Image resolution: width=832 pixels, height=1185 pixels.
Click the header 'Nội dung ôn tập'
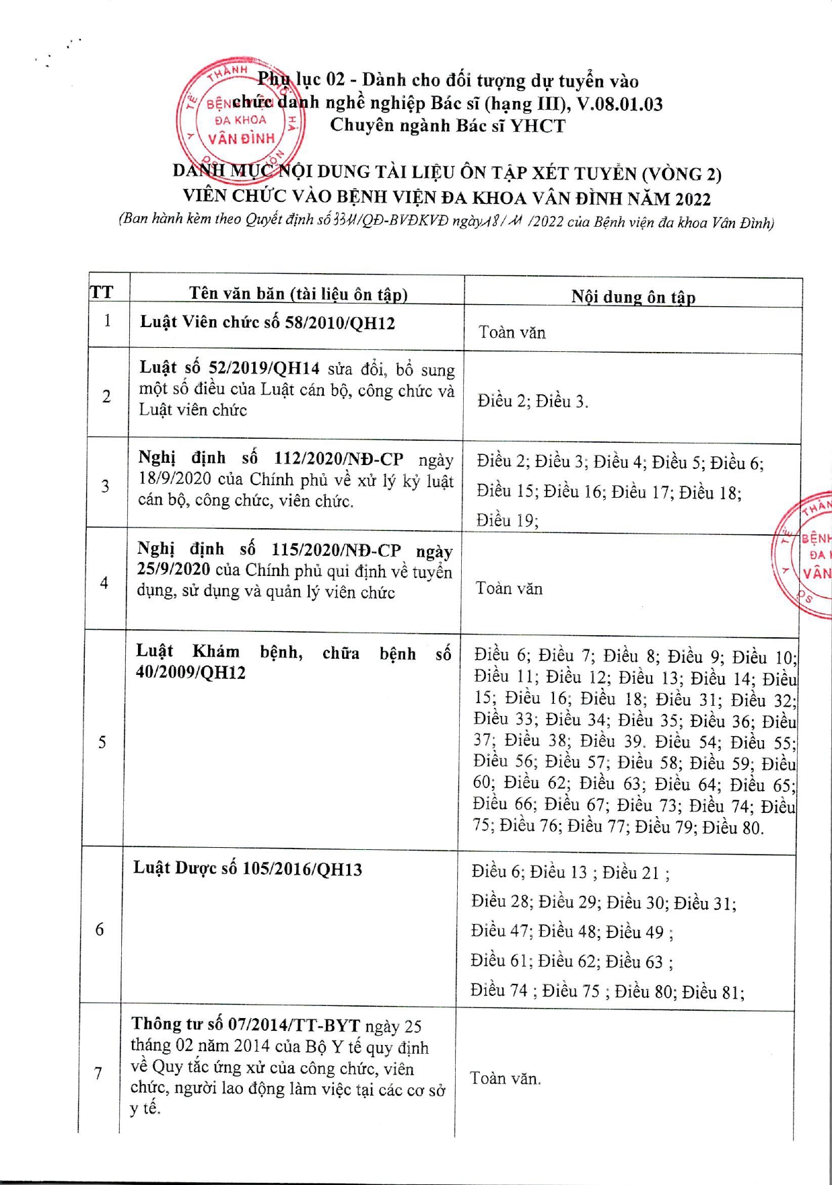[633, 297]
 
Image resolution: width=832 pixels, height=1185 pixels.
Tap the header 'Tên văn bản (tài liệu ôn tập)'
[298, 294]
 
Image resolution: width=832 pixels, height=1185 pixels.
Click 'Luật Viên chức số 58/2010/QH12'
[267, 323]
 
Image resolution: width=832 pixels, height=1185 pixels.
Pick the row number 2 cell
[106, 396]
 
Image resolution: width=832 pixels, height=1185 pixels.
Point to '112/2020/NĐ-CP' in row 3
[339, 459]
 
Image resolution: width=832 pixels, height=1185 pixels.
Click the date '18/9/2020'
[175, 480]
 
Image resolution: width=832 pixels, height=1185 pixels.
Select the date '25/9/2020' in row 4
[174, 569]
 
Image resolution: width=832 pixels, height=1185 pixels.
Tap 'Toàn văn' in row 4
[509, 589]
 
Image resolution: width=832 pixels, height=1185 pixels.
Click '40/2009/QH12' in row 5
[190, 673]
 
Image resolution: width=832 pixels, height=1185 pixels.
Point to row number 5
[102, 742]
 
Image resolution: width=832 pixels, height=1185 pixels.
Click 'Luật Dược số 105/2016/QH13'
[247, 869]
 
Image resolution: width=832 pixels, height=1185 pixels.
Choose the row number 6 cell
[100, 929]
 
